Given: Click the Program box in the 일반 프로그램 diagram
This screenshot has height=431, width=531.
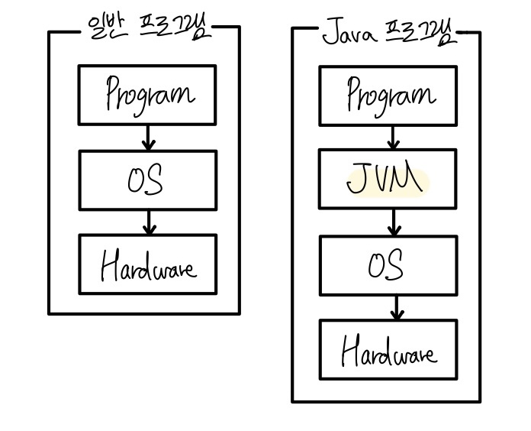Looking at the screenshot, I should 147,95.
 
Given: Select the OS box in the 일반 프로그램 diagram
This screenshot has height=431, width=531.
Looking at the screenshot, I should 147,180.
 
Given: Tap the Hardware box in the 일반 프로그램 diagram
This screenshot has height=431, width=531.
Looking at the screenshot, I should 147,264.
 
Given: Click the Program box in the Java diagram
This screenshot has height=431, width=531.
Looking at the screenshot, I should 388,96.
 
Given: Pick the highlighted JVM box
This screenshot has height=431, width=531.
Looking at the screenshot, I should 388,180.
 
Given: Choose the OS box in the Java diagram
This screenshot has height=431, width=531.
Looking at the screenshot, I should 388,265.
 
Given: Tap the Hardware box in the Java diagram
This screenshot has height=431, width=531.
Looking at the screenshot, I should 388,350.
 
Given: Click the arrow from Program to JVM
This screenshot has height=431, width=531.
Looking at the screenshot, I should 394,138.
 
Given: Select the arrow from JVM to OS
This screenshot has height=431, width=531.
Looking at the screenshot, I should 394,222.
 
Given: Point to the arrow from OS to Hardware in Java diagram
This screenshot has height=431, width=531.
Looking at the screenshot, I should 396,307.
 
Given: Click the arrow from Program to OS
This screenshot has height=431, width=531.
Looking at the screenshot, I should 149,138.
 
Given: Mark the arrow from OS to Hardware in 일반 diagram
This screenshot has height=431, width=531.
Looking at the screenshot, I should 150,222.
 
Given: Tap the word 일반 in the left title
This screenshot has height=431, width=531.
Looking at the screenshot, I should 107,31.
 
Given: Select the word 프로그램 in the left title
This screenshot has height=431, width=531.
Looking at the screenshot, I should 175,31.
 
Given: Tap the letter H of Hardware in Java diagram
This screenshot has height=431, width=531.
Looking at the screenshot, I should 351,352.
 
